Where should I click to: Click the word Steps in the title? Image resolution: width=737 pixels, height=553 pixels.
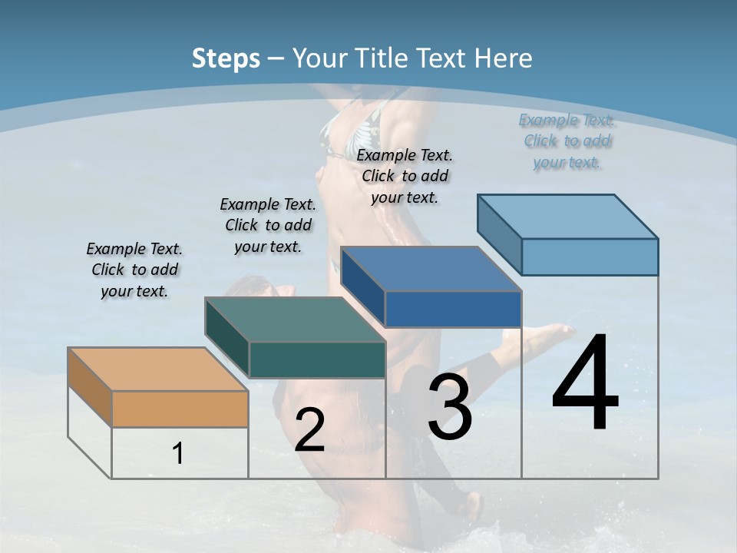click(x=225, y=58)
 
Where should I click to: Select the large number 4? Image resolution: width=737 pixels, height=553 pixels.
click(x=585, y=385)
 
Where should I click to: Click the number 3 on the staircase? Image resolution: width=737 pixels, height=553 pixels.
click(x=450, y=408)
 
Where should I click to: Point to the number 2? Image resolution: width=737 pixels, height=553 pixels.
click(x=309, y=430)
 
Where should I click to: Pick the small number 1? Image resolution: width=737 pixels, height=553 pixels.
click(x=178, y=454)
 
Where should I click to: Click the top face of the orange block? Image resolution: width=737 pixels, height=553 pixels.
click(x=157, y=369)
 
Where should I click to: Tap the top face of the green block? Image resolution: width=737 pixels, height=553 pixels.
click(x=295, y=320)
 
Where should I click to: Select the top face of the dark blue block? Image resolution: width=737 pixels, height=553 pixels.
click(x=431, y=269)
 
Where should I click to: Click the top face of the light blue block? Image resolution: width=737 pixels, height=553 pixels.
click(x=567, y=217)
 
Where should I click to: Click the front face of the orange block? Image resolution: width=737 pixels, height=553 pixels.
click(x=180, y=409)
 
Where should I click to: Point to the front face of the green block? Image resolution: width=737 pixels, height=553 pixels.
click(x=317, y=359)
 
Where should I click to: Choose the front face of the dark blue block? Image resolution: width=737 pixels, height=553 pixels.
click(x=453, y=310)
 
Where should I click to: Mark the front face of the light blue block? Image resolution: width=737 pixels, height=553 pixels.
click(x=590, y=257)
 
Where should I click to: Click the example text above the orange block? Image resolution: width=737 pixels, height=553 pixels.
click(x=134, y=270)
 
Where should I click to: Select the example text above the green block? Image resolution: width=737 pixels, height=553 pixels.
click(x=268, y=225)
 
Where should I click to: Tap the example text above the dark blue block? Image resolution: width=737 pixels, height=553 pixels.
click(x=405, y=176)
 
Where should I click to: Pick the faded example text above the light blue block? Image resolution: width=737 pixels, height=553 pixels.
click(x=567, y=141)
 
